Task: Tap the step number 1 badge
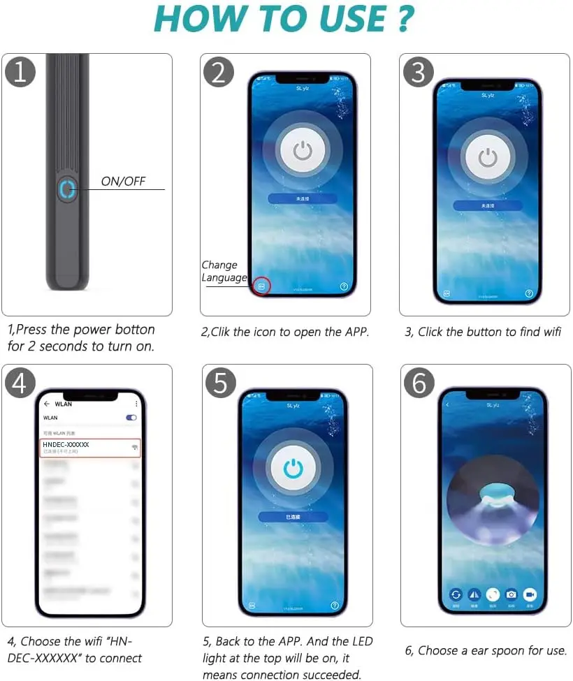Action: coord(20,72)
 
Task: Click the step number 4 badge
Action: coord(20,382)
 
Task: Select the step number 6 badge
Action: coord(419,382)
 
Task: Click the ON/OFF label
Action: coord(123,182)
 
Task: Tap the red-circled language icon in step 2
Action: coord(261,286)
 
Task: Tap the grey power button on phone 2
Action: coord(303,150)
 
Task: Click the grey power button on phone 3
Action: coord(488,158)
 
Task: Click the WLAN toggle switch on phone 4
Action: coord(131,418)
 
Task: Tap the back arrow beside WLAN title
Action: coord(47,404)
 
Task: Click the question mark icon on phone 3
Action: coord(529,294)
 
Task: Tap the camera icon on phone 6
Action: coord(512,594)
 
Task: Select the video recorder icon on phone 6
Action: coord(530,594)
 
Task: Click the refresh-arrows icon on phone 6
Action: coord(456,594)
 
